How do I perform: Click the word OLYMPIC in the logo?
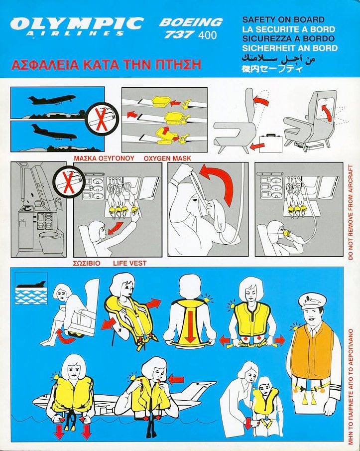(x=77, y=23)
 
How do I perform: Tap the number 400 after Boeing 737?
(x=208, y=35)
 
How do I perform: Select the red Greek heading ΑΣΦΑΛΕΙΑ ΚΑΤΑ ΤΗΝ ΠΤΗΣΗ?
(x=106, y=64)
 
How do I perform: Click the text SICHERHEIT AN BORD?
(x=290, y=48)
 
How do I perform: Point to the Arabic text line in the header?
(x=278, y=58)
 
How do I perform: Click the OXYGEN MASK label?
(x=167, y=158)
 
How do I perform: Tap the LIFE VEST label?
(x=130, y=263)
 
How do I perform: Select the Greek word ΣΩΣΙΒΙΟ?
(x=87, y=263)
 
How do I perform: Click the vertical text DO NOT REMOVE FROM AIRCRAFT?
(x=351, y=212)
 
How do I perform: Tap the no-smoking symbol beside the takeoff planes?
(x=102, y=119)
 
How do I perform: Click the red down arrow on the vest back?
(x=190, y=326)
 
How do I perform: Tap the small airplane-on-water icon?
(x=31, y=288)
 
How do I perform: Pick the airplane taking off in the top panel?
(x=51, y=100)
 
